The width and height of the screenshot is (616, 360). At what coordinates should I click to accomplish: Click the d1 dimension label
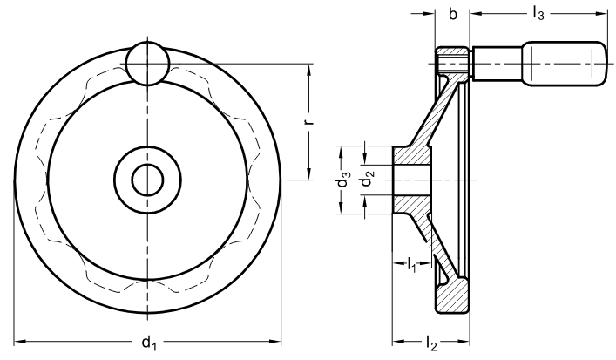[x=149, y=343]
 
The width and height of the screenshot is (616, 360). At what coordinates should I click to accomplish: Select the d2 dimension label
[x=366, y=181]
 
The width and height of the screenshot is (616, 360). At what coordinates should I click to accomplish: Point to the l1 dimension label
[x=411, y=264]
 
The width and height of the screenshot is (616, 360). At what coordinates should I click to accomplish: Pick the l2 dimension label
[x=431, y=343]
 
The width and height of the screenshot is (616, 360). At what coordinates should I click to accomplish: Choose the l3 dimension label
[x=538, y=14]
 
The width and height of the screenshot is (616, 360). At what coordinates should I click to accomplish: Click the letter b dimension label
[x=453, y=14]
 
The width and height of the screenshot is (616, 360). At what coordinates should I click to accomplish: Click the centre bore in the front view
[x=147, y=180]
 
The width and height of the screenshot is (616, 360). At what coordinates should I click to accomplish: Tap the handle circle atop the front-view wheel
[x=147, y=63]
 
